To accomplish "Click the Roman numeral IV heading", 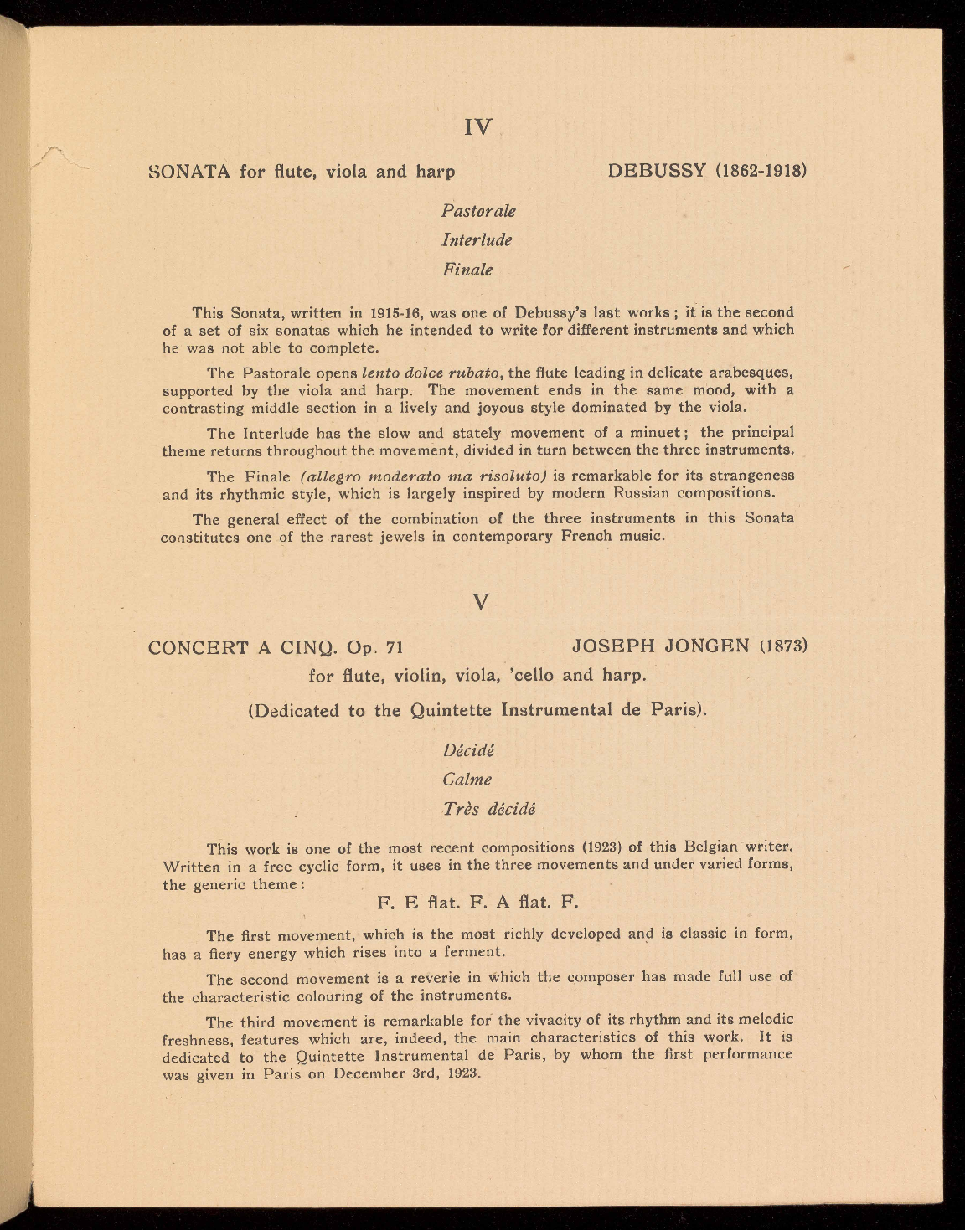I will point(478,128).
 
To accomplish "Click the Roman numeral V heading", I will point(480,602).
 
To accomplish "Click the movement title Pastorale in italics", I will point(478,211).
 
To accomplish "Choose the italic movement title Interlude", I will point(477,240).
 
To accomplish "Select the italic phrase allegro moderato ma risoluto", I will point(425,476).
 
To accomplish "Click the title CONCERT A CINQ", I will point(239,647).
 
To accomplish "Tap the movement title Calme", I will point(467,780).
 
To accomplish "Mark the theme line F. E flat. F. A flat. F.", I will point(478,903).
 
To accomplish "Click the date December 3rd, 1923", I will point(405,1073).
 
